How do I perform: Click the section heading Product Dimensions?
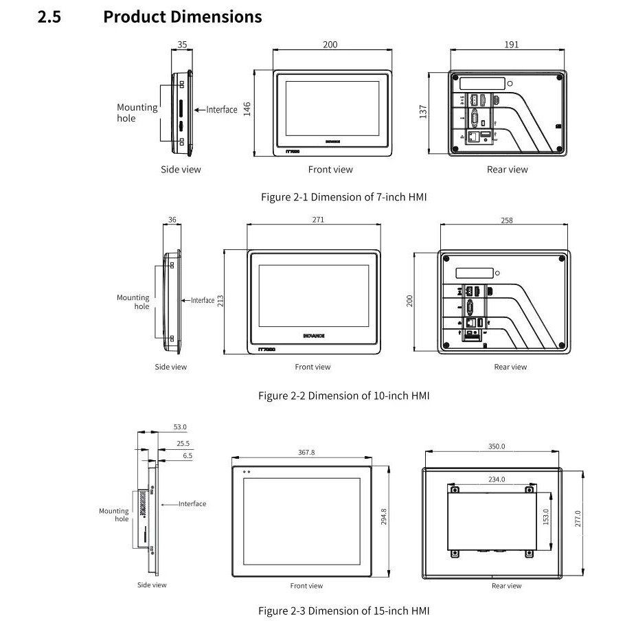coord(182,16)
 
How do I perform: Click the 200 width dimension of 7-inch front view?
coord(330,45)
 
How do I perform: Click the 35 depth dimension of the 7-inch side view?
coord(182,45)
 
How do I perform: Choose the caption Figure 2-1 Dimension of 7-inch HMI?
coord(344,197)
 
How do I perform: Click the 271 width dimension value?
coord(318,220)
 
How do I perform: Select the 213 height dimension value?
coord(220,301)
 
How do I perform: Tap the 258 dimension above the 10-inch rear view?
coord(507,220)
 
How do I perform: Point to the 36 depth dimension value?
coord(172,220)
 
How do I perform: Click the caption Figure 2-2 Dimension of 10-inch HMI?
coord(343,396)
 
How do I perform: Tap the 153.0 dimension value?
coord(546,517)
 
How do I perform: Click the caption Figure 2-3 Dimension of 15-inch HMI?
coord(343,611)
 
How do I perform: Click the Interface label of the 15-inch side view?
coord(192,504)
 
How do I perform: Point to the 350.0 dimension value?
coord(497,446)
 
